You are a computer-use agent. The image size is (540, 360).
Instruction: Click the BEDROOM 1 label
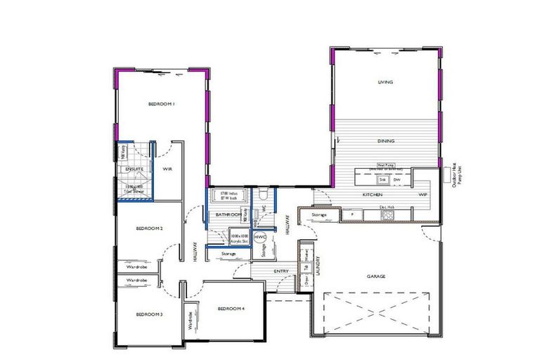[161, 104]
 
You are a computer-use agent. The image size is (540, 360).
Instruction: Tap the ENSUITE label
[134, 169]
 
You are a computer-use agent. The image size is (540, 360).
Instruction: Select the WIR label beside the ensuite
[167, 169]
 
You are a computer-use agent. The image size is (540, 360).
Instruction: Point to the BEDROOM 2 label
[149, 229]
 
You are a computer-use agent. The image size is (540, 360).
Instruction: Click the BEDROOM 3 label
[149, 314]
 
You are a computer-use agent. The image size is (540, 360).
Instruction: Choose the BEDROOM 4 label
[231, 309]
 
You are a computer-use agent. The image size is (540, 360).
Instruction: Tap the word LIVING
[385, 82]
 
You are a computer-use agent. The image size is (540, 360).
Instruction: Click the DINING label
[385, 141]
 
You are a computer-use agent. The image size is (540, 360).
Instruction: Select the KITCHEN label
[372, 193]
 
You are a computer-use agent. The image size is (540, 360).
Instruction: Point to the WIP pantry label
[423, 193]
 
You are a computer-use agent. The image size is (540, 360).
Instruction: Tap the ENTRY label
[281, 271]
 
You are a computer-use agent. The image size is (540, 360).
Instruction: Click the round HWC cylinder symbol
[259, 238]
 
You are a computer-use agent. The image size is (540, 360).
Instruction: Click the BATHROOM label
[228, 214]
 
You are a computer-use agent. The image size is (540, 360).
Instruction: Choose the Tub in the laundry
[307, 268]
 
